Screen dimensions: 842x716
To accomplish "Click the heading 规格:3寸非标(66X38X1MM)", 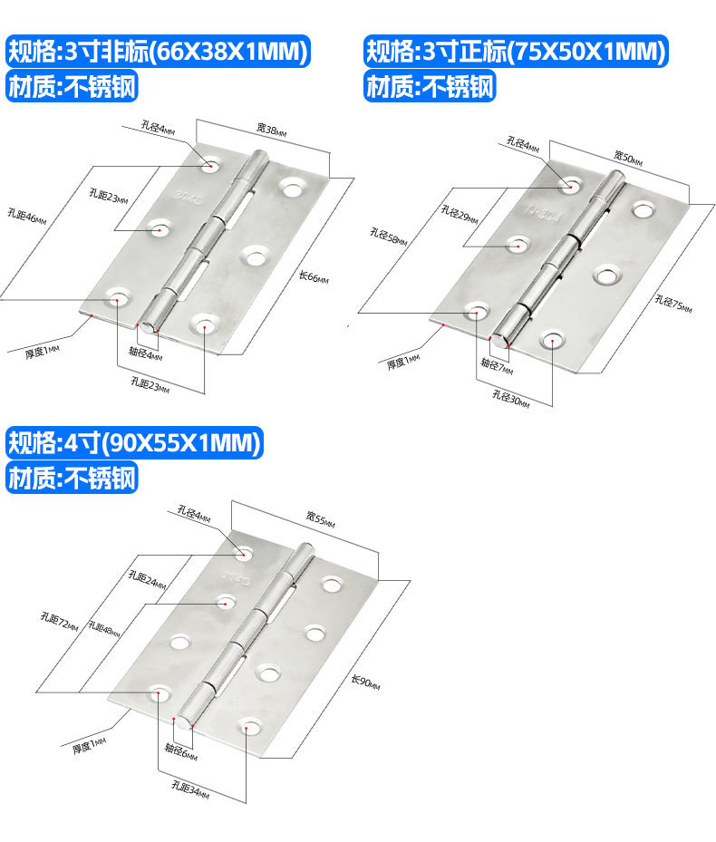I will coord(160,52).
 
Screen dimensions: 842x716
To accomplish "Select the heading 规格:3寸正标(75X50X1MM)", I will coord(516,52).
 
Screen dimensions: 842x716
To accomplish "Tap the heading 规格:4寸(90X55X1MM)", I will coord(135,443).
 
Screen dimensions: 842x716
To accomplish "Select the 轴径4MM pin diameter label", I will coord(146,356).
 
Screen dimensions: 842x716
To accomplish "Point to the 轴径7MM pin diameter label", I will coord(496,369).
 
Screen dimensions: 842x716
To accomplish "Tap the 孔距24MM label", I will coord(147,579).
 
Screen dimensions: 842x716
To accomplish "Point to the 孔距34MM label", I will coord(191,791).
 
